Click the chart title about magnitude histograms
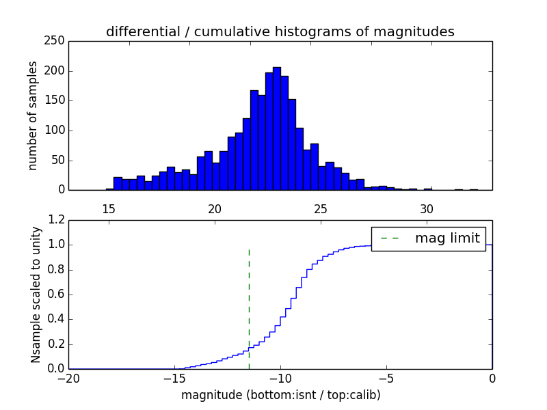280,31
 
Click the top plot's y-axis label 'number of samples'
33,115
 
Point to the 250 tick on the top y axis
57,41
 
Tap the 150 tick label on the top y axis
57,100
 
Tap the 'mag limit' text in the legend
447,238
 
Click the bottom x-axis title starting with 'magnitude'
280,395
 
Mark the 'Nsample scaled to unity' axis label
36,295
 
